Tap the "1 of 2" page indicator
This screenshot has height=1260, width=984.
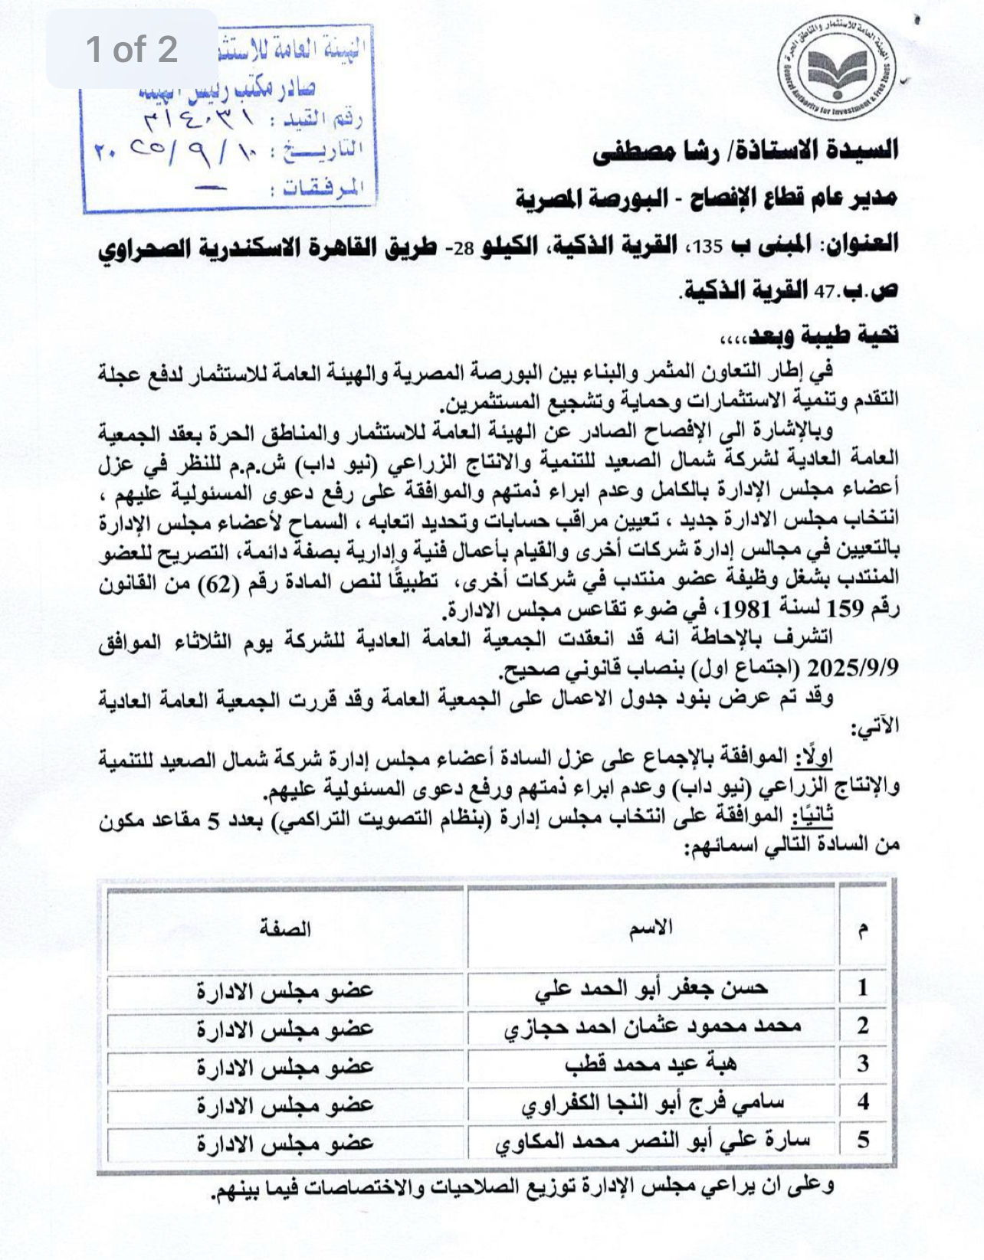(x=132, y=49)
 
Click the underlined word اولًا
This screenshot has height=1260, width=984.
(x=814, y=758)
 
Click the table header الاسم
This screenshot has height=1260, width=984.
(x=651, y=928)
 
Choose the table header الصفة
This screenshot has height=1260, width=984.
(x=285, y=928)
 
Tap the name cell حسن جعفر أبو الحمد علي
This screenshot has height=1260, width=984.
(x=651, y=988)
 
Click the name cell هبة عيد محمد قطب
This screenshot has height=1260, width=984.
(x=651, y=1065)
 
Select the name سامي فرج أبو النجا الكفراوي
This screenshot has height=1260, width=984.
(x=651, y=1103)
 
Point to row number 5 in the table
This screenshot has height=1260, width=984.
(x=863, y=1141)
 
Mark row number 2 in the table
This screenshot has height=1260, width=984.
(x=863, y=1026)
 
